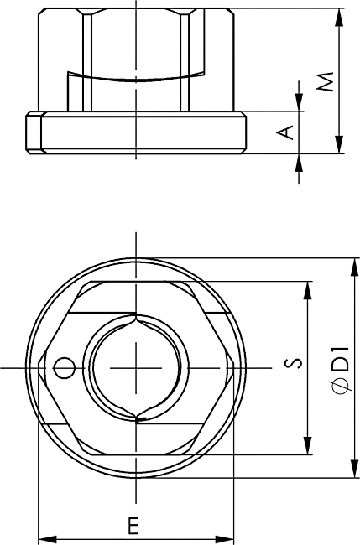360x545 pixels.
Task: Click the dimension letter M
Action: coord(326,82)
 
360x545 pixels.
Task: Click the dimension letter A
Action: coord(284,132)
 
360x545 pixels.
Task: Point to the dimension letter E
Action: coord(133,526)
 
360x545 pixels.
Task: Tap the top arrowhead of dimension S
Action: coord(307,291)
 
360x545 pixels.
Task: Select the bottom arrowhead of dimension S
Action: coord(307,445)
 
